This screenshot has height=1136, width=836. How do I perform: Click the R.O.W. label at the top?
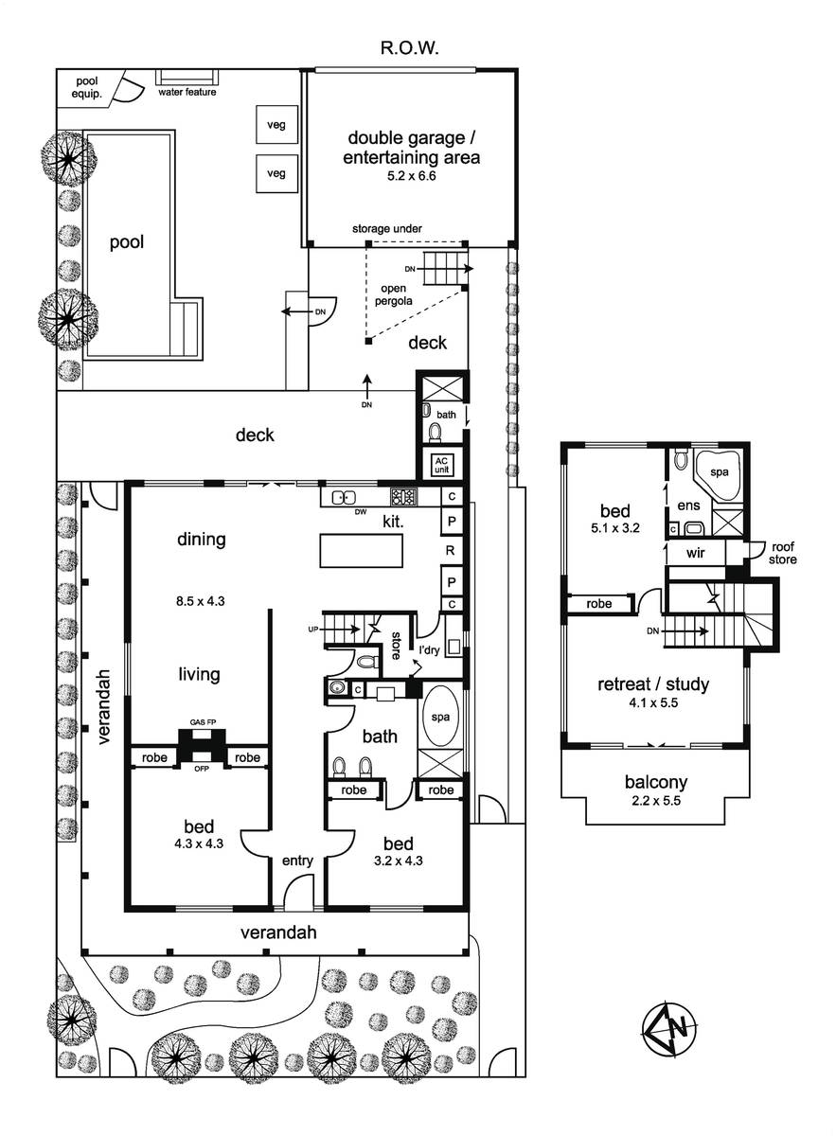click(409, 48)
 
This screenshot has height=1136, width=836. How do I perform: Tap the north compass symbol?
click(669, 1027)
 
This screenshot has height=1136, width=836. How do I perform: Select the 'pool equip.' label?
click(86, 87)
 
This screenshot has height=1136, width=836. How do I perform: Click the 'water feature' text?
click(187, 93)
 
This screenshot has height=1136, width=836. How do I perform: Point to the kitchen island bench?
click(361, 551)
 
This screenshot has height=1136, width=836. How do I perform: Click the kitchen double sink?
click(344, 498)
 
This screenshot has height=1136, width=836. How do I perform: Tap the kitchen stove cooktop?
click(403, 496)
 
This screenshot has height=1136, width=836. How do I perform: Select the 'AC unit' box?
click(442, 465)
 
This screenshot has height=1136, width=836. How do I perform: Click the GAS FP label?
click(204, 722)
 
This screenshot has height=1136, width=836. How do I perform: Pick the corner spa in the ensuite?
click(718, 473)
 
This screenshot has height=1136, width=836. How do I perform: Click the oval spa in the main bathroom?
click(440, 718)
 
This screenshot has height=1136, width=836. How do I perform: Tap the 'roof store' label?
click(782, 553)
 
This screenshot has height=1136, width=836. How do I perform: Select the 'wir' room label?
click(695, 553)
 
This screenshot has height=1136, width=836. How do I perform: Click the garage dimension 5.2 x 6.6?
click(412, 176)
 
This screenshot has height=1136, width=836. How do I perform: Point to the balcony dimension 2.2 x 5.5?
click(656, 801)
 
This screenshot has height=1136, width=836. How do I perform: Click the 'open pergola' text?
click(394, 294)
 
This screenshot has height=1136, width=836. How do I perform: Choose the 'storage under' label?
click(387, 229)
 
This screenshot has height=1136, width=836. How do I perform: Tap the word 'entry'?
click(297, 861)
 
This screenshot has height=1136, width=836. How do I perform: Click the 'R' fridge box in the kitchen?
click(450, 550)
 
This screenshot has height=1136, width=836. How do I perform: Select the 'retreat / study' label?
click(653, 684)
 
